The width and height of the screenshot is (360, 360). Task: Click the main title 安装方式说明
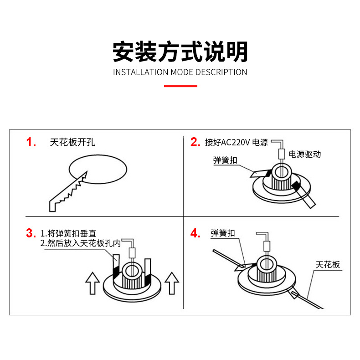180,51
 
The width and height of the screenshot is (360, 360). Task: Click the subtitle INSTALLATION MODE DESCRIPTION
180,72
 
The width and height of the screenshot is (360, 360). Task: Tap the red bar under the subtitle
180,85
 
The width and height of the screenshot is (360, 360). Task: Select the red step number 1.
31,142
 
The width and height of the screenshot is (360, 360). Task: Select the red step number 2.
195,142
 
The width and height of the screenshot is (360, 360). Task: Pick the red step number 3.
31,234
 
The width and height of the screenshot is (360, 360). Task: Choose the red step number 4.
195,234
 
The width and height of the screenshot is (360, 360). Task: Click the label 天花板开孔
72,142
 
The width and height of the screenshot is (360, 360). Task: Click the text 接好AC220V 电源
237,142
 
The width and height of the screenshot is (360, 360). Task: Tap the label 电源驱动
305,154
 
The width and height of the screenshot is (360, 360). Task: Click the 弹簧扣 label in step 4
223,233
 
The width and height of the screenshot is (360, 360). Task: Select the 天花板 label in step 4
328,265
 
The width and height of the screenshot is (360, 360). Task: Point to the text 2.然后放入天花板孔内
81,243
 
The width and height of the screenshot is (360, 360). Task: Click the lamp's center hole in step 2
281,171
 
